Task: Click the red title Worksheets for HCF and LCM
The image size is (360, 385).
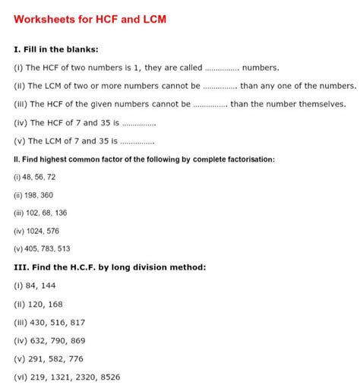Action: (x=90, y=17)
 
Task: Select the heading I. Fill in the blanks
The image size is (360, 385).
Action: (x=56, y=49)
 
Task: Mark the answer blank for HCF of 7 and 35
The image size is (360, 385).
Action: (x=138, y=124)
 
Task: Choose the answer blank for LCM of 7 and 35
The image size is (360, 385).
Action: (x=137, y=142)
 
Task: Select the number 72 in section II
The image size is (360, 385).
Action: (x=51, y=177)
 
